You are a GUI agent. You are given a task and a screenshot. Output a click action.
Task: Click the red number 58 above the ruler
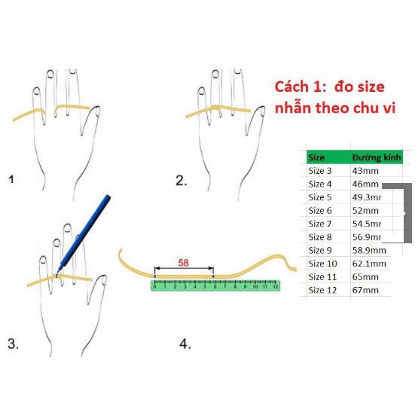pos(183,263)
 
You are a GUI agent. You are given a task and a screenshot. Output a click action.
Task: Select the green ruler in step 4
pos(217,285)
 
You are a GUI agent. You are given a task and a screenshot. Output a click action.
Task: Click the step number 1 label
pos(11,179)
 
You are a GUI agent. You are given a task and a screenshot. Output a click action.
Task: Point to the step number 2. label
pos(181,180)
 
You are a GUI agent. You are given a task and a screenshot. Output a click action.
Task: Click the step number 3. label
pos(13,344)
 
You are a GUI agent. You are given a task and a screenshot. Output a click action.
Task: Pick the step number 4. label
pos(185,344)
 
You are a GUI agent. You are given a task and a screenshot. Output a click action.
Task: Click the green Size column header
pos(317,157)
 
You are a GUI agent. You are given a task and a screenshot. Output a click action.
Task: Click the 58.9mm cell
pos(369,250)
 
